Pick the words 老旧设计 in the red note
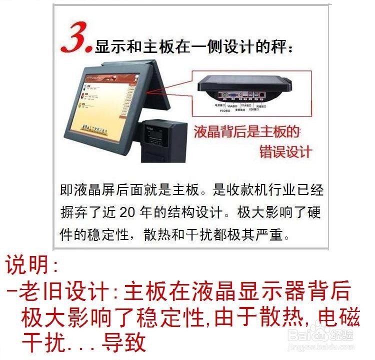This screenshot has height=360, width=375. tap(62, 291)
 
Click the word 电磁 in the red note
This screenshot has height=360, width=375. tap(334, 317)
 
